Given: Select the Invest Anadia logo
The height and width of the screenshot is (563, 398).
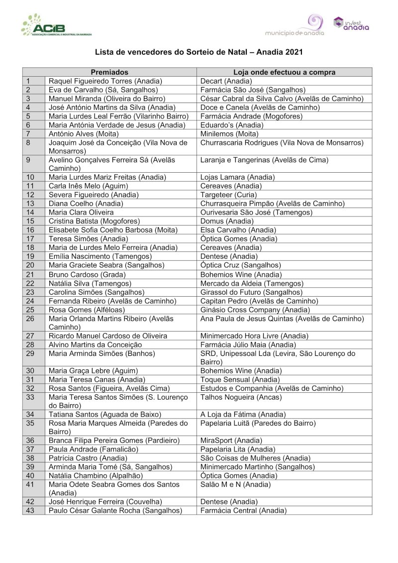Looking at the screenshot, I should (352, 24).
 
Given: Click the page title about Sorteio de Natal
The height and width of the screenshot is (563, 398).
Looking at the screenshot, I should (199, 52).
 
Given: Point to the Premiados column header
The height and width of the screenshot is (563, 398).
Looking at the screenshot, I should (109, 72).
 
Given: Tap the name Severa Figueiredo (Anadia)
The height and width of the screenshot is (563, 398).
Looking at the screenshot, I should (94, 195).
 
